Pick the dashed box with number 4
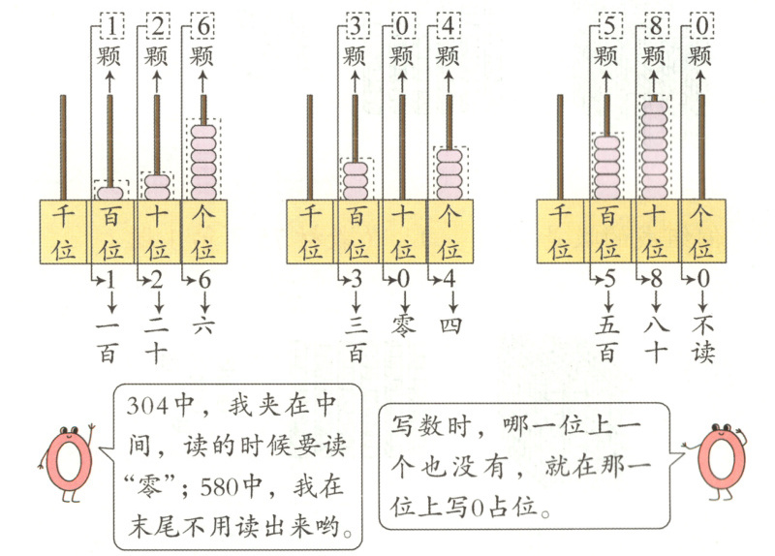pyautogui.click(x=449, y=23)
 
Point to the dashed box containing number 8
pyautogui.click(x=654, y=23)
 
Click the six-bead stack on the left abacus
pyautogui.click(x=202, y=159)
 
